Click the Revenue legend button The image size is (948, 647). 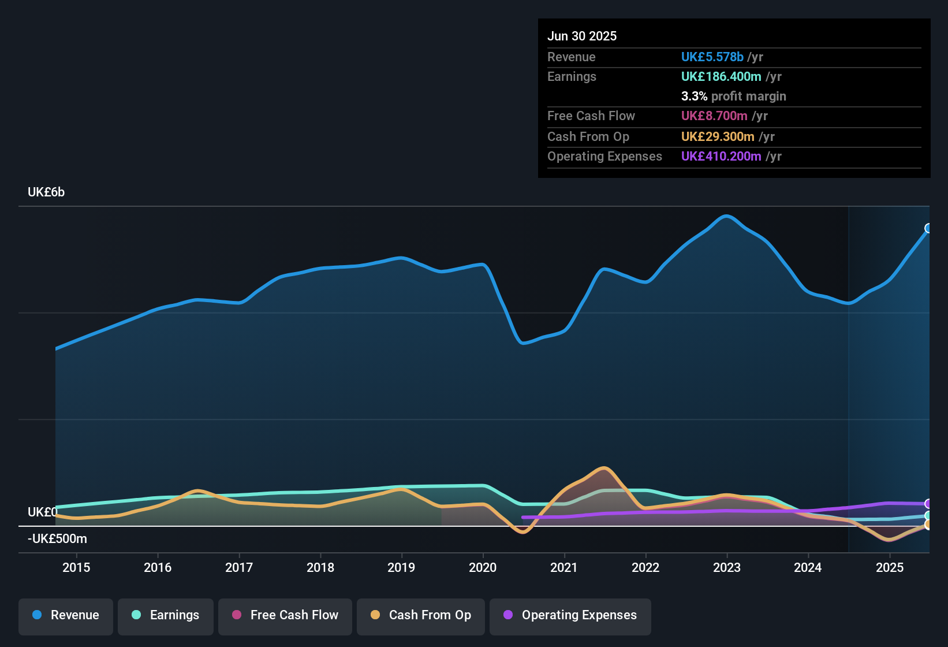tap(66, 615)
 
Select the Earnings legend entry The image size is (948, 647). tap(166, 615)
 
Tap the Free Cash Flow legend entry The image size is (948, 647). tap(285, 615)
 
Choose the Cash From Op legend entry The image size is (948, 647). tap(421, 615)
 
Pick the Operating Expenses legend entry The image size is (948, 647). tap(570, 615)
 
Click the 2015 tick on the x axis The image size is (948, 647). tap(76, 567)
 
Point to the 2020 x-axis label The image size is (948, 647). tap(483, 567)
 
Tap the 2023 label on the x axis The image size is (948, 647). tap(727, 567)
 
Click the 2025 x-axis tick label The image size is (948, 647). tap(890, 567)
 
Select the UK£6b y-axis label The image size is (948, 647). tap(46, 192)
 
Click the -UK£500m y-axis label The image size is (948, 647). tap(57, 539)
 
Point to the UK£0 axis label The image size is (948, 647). tap(42, 512)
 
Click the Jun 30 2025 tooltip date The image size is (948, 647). tap(582, 36)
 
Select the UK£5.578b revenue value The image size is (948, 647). tap(712, 57)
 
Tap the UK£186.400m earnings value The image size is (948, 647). tap(721, 77)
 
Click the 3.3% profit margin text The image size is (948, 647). tap(733, 96)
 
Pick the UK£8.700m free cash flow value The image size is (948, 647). tap(714, 116)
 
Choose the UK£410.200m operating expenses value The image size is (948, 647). tap(721, 157)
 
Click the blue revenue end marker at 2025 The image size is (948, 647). tap(928, 228)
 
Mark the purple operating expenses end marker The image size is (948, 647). tap(928, 504)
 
